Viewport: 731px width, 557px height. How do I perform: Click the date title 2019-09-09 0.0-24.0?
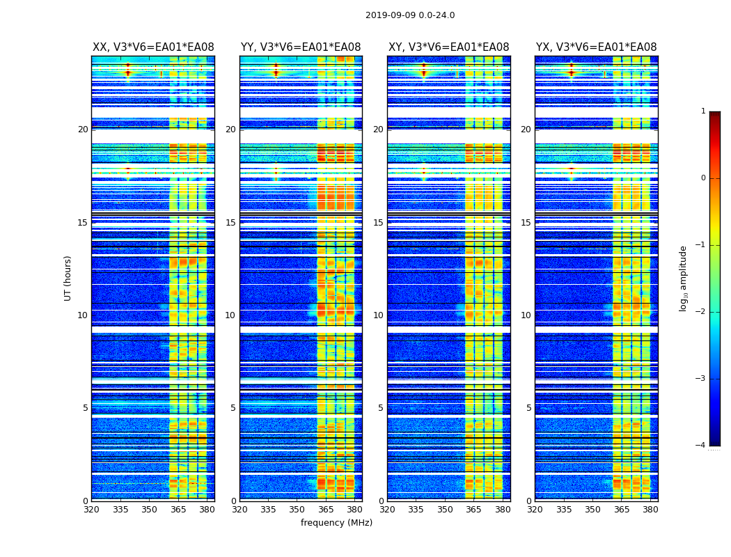point(410,15)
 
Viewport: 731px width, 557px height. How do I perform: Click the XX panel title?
point(153,47)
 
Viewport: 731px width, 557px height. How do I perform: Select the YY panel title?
point(301,47)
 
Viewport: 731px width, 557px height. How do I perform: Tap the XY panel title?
point(448,47)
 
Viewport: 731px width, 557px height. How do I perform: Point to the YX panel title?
point(596,47)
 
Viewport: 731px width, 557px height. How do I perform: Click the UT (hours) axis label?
point(68,278)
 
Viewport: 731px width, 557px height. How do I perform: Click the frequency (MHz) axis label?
point(336,523)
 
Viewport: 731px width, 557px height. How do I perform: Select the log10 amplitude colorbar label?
point(684,278)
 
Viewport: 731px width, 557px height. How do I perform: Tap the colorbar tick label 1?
point(703,111)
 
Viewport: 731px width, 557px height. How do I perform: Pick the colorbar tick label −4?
point(702,446)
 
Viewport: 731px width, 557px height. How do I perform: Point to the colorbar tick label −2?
point(702,312)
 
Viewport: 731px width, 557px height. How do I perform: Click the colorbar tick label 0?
point(703,178)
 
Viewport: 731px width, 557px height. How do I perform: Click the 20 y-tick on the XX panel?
point(83,130)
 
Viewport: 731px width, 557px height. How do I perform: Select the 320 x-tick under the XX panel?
point(91,510)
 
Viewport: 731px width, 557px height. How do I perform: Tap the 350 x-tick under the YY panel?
point(297,510)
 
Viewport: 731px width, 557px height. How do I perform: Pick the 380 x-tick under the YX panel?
point(650,510)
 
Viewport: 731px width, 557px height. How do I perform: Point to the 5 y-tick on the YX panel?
point(528,408)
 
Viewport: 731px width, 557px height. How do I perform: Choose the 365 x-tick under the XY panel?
point(473,510)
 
